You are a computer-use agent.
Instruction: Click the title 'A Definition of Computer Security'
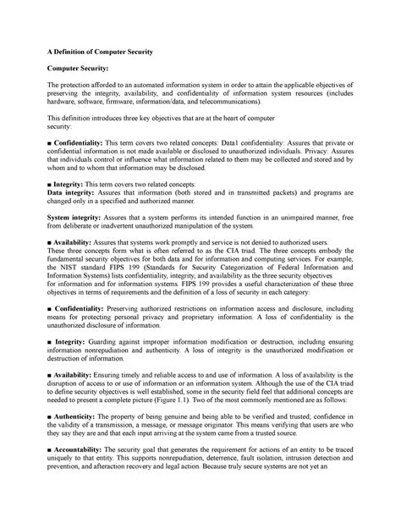click(x=99, y=52)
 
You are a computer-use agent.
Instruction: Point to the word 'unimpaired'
click(x=302, y=217)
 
